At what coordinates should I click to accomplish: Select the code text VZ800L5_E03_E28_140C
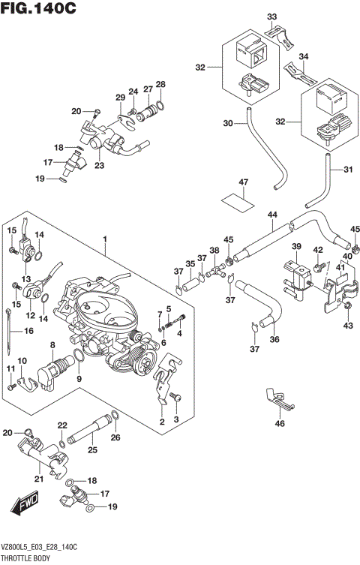pos(41,549)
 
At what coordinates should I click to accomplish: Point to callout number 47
pos(242,183)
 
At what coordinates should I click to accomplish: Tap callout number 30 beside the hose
pos(227,123)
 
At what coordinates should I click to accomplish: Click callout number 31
pos(346,169)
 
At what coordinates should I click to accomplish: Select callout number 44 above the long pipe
pos(272,215)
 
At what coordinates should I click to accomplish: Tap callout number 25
pos(92,450)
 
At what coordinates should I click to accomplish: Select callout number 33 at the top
pos(271,17)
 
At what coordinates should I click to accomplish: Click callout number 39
pos(296,247)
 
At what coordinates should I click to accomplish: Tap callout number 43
pos(347,325)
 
